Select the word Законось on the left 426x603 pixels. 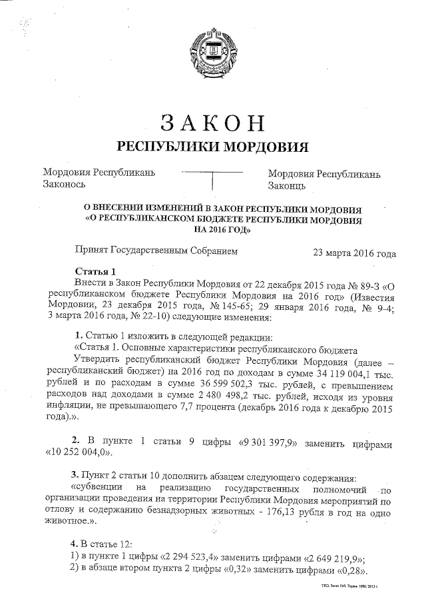65,185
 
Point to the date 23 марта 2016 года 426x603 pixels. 354,253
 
